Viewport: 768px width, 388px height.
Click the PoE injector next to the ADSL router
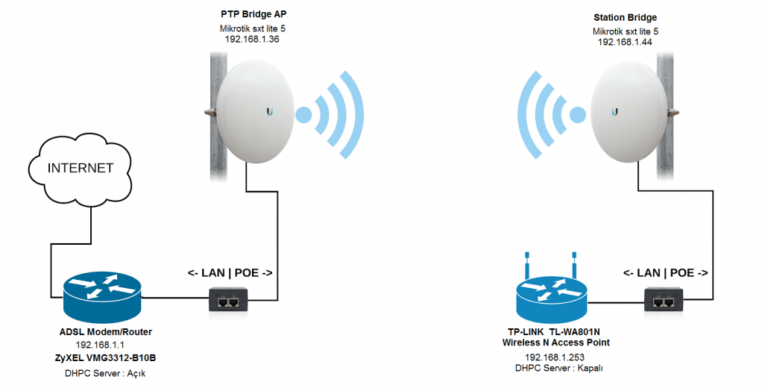click(228, 301)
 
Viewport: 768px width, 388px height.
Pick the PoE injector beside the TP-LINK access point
click(664, 301)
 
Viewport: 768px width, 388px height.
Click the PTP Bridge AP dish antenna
click(255, 112)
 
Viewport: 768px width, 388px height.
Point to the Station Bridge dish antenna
click(629, 112)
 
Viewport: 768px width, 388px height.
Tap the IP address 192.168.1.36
click(252, 40)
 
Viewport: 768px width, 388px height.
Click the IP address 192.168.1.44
click(625, 43)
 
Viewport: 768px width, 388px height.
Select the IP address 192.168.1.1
click(100, 345)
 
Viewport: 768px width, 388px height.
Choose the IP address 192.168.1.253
click(555, 357)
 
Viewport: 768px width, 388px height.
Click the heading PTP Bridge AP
click(254, 14)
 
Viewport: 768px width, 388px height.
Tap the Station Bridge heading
click(626, 18)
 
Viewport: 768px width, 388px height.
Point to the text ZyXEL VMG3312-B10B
click(105, 358)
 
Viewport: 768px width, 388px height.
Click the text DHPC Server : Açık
click(105, 373)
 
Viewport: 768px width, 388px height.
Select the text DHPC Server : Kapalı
click(559, 369)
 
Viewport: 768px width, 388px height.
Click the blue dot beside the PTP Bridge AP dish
click(303, 115)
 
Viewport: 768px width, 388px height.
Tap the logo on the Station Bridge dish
click(614, 112)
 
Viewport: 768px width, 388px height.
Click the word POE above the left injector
click(246, 273)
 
